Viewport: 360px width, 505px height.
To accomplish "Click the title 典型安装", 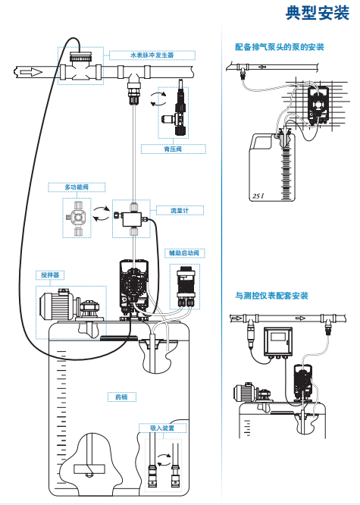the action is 317,13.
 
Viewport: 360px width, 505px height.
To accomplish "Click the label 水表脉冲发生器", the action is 152,55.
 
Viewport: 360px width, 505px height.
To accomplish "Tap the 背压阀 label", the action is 173,149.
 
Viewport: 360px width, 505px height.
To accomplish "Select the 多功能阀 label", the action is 77,187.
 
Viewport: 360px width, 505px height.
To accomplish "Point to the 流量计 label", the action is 180,210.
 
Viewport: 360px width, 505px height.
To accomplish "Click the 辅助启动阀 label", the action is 184,253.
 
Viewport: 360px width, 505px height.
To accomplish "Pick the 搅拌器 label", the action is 50,275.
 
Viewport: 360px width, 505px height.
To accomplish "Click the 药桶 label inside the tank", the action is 121,397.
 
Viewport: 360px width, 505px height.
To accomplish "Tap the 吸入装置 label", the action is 162,428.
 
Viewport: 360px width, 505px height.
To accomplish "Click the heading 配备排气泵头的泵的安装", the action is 280,47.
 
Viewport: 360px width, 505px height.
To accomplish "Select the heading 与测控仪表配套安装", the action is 271,295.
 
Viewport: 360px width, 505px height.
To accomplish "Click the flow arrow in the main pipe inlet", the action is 31,72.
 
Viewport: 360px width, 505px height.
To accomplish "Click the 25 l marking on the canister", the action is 258,196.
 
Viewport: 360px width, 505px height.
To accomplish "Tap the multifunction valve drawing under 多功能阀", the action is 77,218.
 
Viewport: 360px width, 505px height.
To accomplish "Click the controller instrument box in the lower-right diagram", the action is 278,342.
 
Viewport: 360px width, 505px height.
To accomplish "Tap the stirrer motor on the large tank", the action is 58,304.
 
